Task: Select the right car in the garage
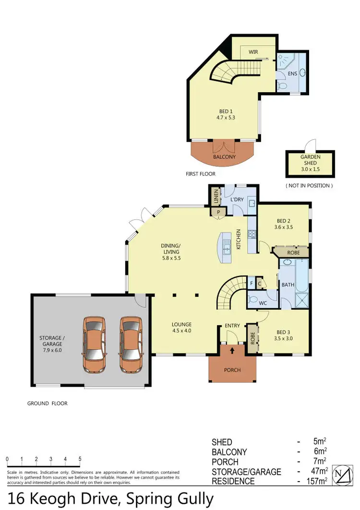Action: click(132, 344)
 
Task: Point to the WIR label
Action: click(253, 51)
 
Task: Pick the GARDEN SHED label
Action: click(310, 160)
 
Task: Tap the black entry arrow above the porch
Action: click(232, 350)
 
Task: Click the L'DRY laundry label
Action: click(236, 199)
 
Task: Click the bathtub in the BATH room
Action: click(301, 275)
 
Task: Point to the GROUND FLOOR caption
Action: click(48, 403)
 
